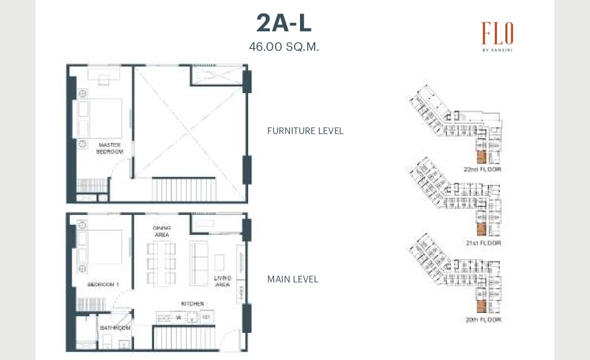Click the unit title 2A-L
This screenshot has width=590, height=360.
tap(284, 23)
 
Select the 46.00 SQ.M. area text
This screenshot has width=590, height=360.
tap(284, 47)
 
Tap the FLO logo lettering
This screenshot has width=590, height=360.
tap(497, 34)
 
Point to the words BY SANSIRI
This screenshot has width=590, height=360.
tap(497, 49)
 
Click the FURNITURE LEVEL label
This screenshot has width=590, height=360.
tap(305, 131)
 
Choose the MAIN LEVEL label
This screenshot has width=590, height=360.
tap(292, 279)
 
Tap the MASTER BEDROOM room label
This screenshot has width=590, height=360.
tap(109, 148)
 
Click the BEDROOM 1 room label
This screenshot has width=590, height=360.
tap(103, 284)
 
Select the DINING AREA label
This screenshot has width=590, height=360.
tap(162, 231)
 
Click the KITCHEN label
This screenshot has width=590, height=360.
tap(192, 303)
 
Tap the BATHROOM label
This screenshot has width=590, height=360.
tap(115, 328)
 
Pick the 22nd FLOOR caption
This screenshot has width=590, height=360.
tap(482, 169)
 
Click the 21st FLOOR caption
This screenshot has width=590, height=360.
tap(483, 243)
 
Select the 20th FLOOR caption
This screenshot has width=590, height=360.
tap(483, 320)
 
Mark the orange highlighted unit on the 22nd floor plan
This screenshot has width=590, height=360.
tap(481, 157)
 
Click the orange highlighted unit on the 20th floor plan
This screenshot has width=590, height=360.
tap(481, 307)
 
